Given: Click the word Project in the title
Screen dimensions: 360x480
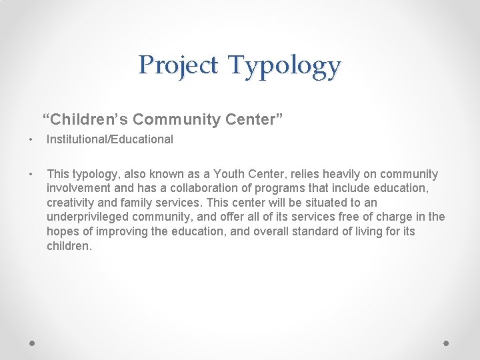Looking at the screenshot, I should pos(178,65).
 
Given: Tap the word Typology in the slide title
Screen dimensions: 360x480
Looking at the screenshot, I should pos(284,67).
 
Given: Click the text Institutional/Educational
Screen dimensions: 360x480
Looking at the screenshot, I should pos(110,140).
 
